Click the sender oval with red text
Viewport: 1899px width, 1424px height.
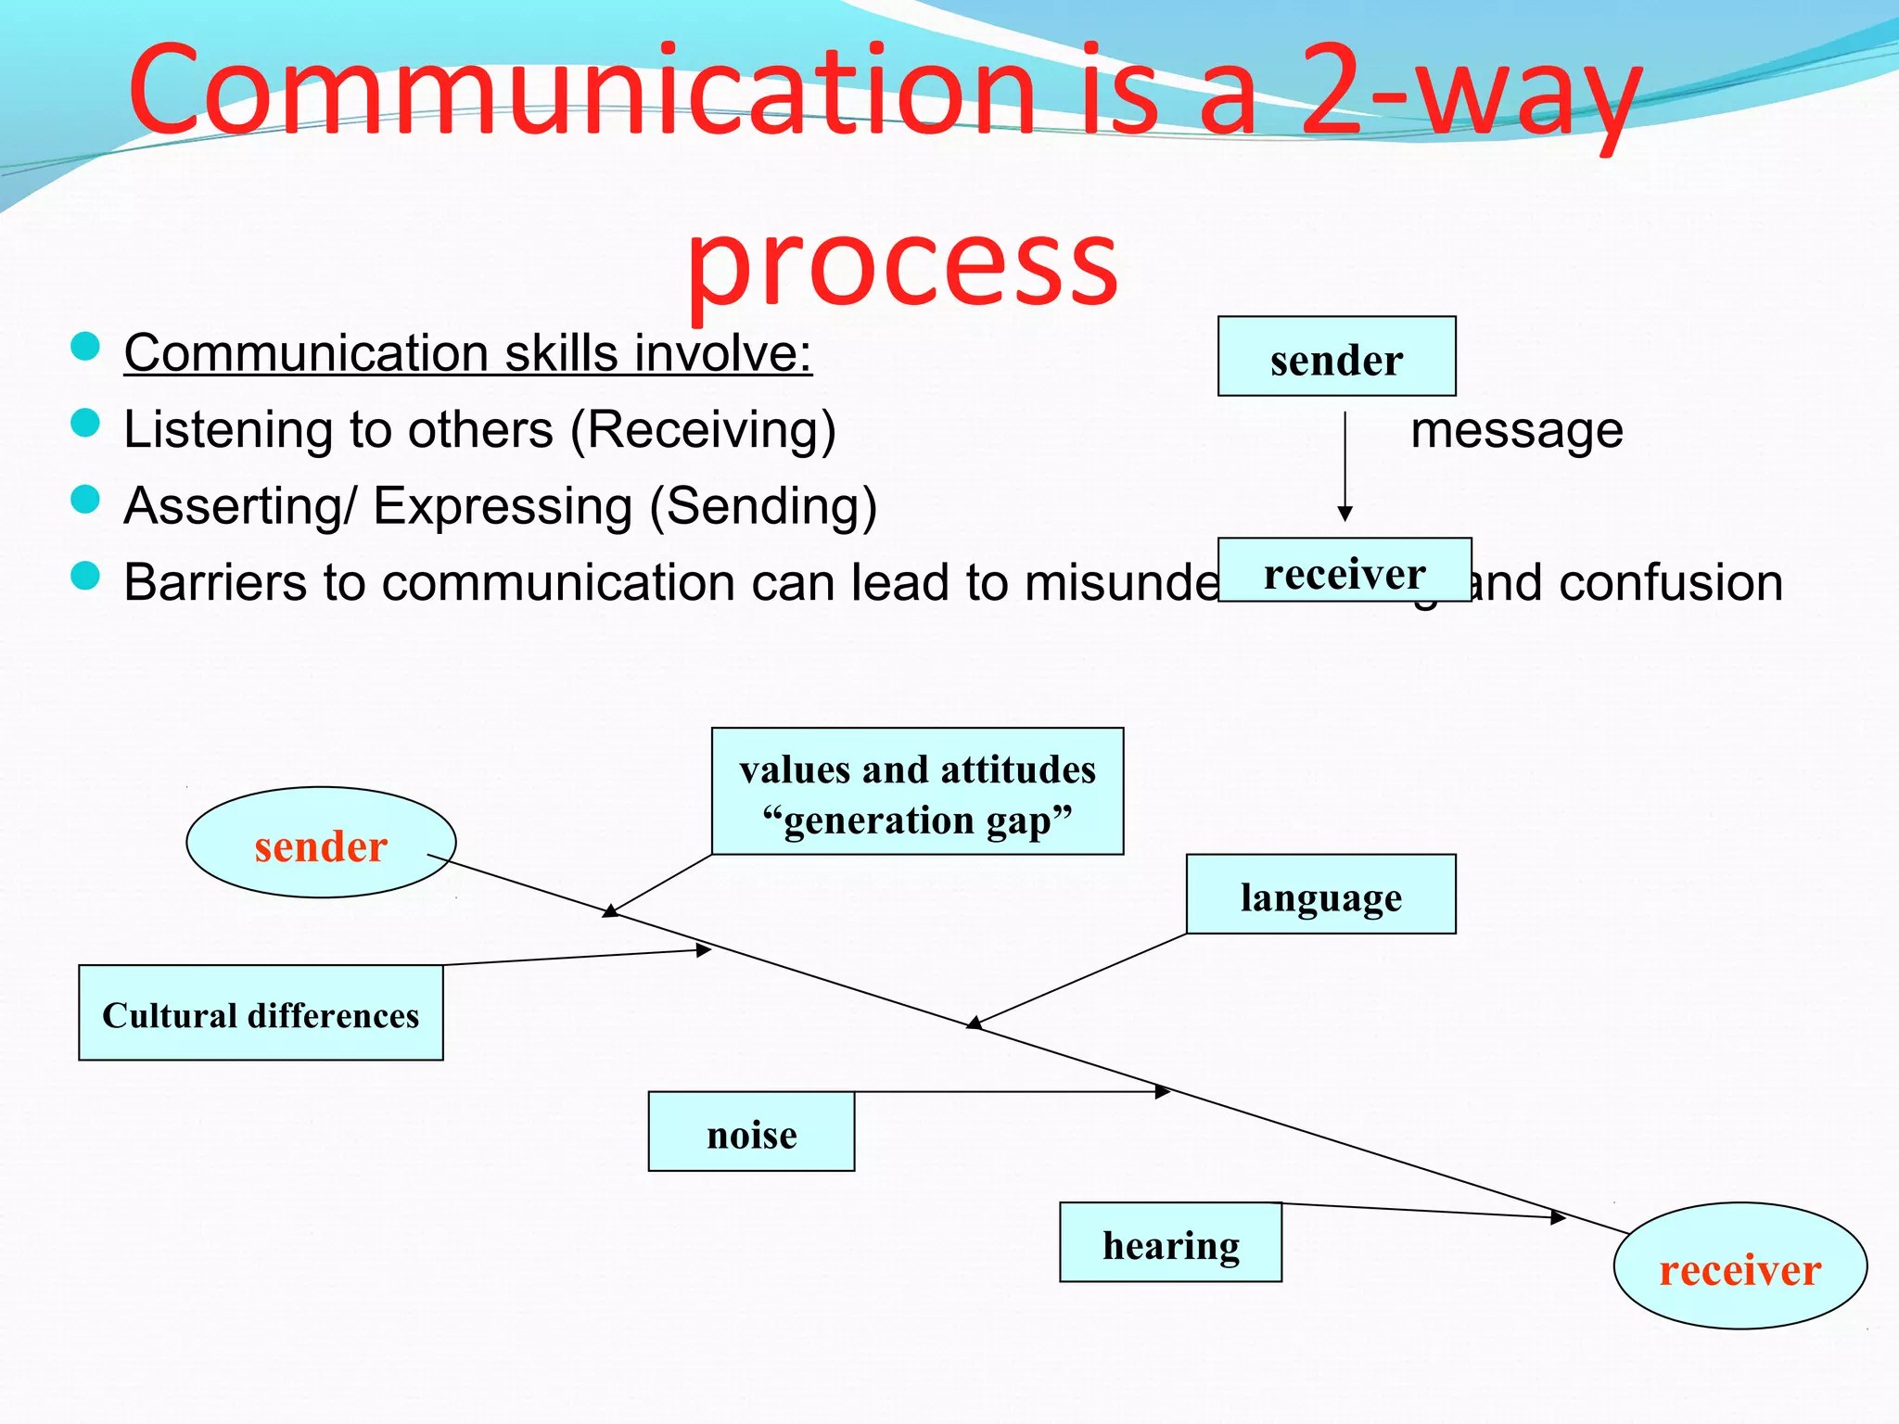coord(321,844)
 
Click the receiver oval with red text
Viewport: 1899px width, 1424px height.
coord(1740,1267)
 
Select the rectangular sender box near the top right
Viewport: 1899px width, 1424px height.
coord(1336,357)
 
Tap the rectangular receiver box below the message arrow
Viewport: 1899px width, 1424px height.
coord(1344,571)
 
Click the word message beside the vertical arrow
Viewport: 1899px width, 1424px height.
coord(1516,431)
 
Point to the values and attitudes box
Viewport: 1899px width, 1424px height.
coord(917,792)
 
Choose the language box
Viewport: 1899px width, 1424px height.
coord(1320,895)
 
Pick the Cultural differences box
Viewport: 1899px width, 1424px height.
coord(261,1013)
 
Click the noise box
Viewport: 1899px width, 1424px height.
coord(751,1132)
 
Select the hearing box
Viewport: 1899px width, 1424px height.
coord(1170,1243)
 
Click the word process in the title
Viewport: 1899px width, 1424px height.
coord(901,266)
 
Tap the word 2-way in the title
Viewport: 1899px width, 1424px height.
coord(1470,93)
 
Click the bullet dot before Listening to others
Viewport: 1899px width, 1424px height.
coord(85,424)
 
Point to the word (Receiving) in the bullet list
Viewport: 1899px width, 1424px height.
coord(703,431)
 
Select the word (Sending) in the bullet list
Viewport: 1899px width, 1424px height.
coord(762,507)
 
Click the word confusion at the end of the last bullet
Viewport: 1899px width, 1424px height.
coord(1670,583)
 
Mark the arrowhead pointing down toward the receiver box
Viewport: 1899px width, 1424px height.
coord(1345,514)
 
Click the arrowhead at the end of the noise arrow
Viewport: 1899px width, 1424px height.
coord(1163,1092)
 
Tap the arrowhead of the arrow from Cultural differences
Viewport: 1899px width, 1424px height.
coord(704,949)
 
